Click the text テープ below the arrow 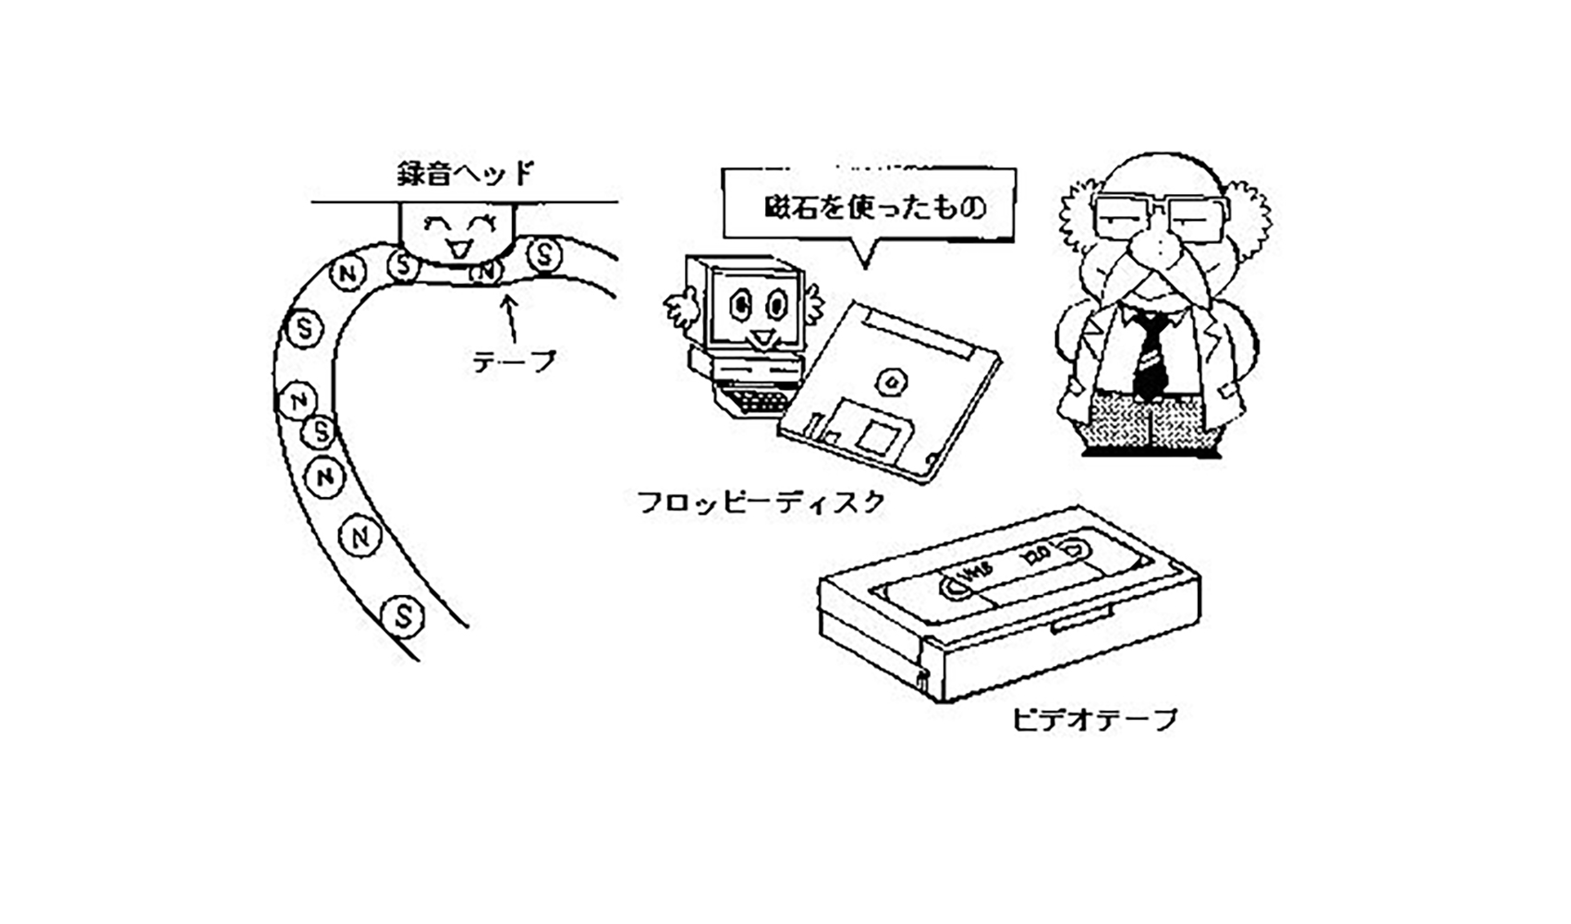pos(515,361)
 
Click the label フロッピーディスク pos(761,503)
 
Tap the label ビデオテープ pos(1095,718)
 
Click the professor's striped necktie pos(1150,356)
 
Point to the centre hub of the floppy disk pos(891,381)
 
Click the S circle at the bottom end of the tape pos(404,615)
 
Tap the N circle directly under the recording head pos(484,272)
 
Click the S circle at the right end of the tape pos(545,254)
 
